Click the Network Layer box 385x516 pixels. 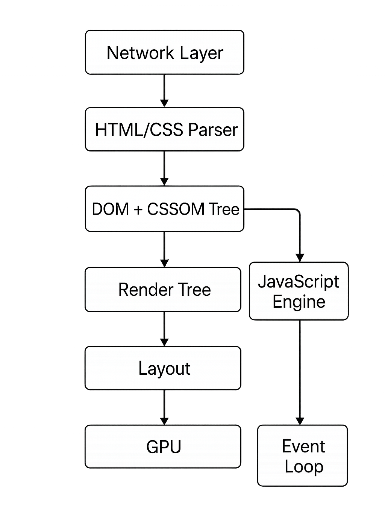[164, 52]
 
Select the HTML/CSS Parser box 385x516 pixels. [164, 130]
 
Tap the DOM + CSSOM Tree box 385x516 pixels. [164, 209]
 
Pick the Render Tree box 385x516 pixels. [162, 289]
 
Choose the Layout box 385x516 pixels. [162, 368]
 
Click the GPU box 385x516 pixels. [162, 446]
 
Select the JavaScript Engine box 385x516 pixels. [299, 291]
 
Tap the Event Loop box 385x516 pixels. [303, 455]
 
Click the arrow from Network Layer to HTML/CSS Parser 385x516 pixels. [164, 91]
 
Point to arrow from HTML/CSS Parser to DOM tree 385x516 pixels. [164, 168]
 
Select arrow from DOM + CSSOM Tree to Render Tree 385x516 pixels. [164, 249]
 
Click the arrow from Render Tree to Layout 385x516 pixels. [164, 329]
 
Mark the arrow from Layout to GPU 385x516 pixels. [164, 407]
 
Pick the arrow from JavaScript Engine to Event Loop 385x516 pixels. [300, 372]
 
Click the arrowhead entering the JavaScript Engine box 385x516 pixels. [300, 257]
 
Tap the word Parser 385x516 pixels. [213, 130]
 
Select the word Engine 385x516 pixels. [299, 302]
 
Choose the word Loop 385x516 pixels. [304, 466]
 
